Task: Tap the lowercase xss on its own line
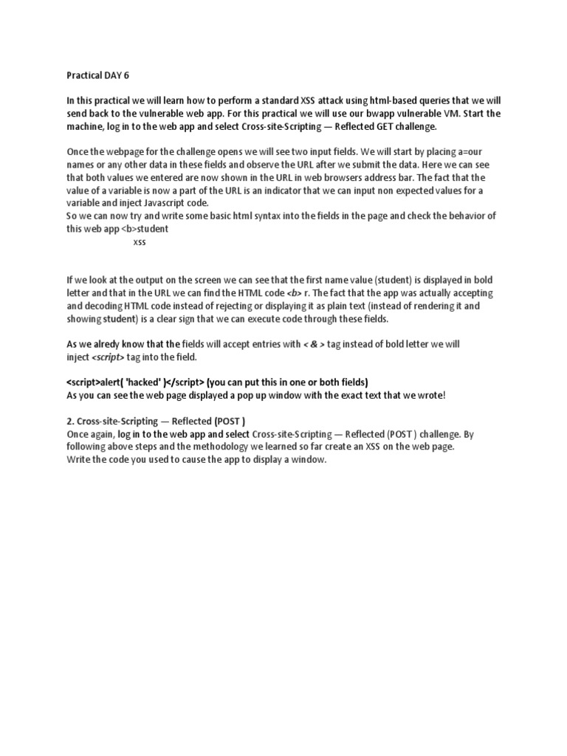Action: point(140,242)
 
